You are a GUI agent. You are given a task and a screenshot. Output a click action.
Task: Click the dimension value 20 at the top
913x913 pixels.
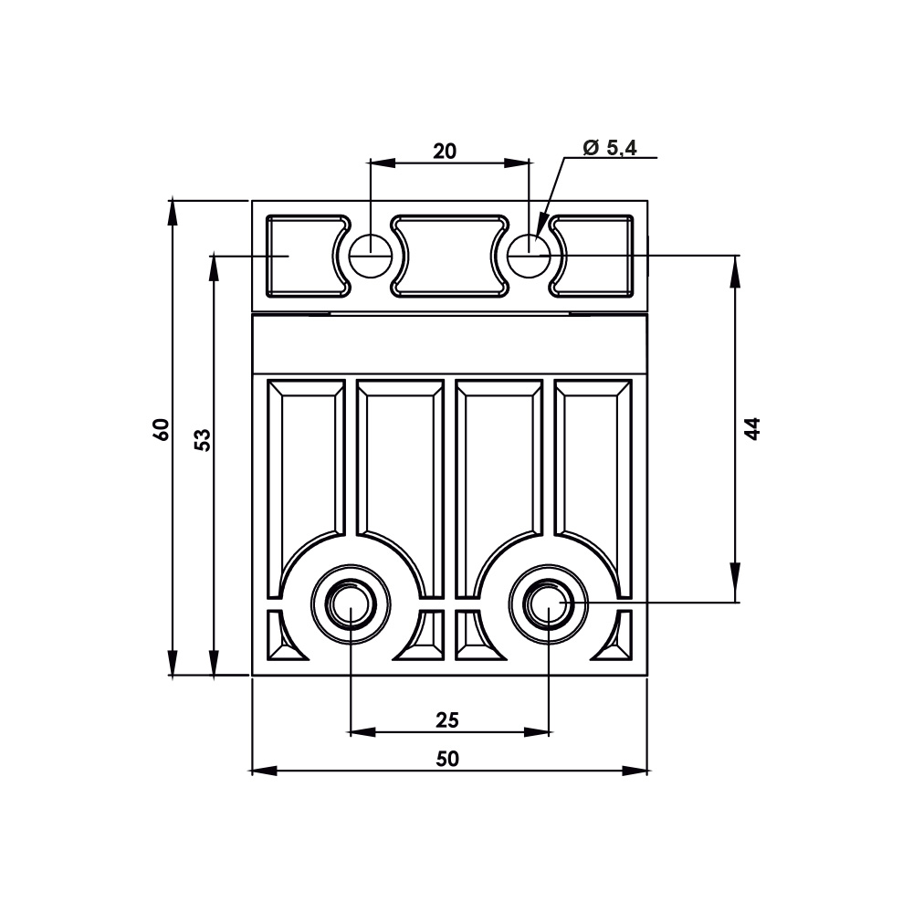tap(445, 151)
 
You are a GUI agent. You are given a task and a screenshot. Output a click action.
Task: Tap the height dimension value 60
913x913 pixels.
tap(161, 429)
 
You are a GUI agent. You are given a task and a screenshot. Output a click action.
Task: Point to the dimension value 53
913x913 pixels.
tap(203, 439)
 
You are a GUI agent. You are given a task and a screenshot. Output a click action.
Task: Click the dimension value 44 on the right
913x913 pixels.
tap(751, 428)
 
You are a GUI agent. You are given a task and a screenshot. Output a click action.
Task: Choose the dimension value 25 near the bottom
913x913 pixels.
tap(446, 720)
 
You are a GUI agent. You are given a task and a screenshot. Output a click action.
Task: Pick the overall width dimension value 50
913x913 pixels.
tap(447, 759)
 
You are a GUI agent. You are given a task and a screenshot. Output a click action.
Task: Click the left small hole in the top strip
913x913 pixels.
tap(370, 256)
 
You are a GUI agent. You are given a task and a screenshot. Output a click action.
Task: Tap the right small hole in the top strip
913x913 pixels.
tap(529, 256)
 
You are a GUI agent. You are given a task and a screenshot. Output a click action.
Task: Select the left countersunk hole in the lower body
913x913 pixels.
tap(352, 603)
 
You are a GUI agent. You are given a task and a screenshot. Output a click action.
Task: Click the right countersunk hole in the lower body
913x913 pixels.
tap(549, 603)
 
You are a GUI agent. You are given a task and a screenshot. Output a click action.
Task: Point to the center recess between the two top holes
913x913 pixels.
tap(449, 257)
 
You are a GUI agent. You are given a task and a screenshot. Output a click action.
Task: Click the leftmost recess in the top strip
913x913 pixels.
tap(301, 257)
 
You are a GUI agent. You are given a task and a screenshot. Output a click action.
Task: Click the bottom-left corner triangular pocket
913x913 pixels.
tap(279, 639)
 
